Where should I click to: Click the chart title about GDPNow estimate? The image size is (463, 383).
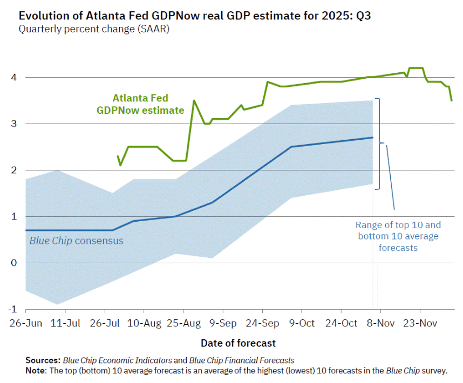pyautogui.click(x=195, y=16)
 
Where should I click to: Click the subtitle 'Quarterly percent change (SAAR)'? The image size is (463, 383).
pyautogui.click(x=94, y=29)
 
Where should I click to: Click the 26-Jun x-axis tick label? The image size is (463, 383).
pyautogui.click(x=25, y=323)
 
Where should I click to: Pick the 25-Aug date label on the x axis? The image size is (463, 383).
pyautogui.click(x=183, y=323)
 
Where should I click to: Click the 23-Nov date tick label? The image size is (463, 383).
pyautogui.click(x=420, y=323)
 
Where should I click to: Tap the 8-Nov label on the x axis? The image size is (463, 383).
pyautogui.click(x=380, y=323)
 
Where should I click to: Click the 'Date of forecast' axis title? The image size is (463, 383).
pyautogui.click(x=238, y=343)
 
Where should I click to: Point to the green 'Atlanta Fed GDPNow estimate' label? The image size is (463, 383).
pyautogui.click(x=140, y=104)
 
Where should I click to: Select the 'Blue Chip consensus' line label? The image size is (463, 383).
pyautogui.click(x=76, y=241)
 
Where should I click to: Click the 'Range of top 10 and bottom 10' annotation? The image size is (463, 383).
pyautogui.click(x=398, y=236)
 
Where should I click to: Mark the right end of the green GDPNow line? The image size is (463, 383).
pyautogui.click(x=452, y=100)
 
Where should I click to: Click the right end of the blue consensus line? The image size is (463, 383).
pyautogui.click(x=373, y=138)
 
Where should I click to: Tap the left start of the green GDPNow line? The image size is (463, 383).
pyautogui.click(x=118, y=156)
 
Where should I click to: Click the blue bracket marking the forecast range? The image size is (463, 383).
pyautogui.click(x=379, y=143)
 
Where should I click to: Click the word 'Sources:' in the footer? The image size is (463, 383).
pyautogui.click(x=43, y=360)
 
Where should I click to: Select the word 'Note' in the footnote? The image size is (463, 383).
pyautogui.click(x=35, y=371)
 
